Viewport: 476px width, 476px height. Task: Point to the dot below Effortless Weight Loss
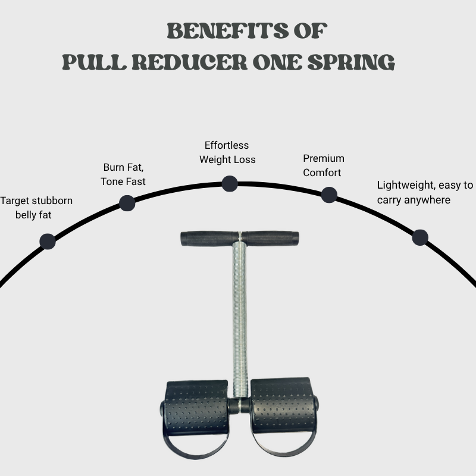point(230,183)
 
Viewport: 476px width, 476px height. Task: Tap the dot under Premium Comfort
point(329,195)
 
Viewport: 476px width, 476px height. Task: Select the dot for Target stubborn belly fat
point(47,241)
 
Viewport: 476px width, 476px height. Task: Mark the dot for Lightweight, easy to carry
point(420,237)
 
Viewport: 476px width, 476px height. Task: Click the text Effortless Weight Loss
point(227,152)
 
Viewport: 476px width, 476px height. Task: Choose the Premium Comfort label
point(323,165)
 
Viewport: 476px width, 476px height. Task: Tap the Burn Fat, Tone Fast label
point(124,174)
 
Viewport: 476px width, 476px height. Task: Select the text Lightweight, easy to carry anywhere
point(425,192)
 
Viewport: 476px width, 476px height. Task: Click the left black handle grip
point(208,238)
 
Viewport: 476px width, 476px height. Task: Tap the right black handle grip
point(271,238)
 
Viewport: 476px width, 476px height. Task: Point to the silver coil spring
point(239,315)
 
